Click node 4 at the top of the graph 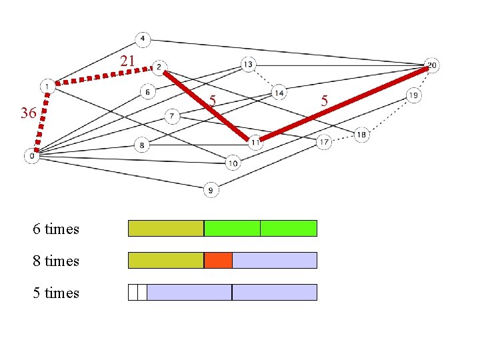point(143,38)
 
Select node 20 point(431,65)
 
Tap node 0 point(31,155)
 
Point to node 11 point(255,142)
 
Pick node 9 point(210,190)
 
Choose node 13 point(248,64)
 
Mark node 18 point(361,135)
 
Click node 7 point(172,117)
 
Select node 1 point(47,86)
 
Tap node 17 point(324,142)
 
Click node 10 point(233,163)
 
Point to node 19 point(413,96)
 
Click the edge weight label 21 point(127,62)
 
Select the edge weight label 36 point(28,113)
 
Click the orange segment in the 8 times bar point(218,260)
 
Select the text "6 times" point(56,229)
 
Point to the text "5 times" point(56,293)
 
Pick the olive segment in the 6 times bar point(165,228)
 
